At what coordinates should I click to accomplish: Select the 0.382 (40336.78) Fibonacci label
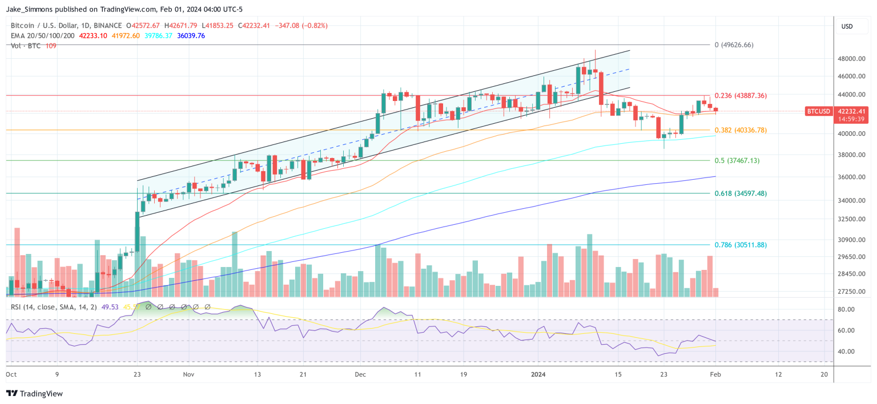click(x=741, y=130)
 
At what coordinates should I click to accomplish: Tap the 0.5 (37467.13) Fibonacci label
click(x=737, y=160)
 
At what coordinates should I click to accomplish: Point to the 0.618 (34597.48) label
click(x=741, y=193)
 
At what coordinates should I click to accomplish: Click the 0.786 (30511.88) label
click(x=741, y=245)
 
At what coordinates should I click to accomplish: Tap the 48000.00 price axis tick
click(x=850, y=58)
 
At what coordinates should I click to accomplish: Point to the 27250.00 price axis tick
click(x=850, y=292)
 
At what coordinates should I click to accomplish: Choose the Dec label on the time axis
click(x=361, y=374)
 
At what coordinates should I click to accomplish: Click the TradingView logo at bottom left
click(x=34, y=394)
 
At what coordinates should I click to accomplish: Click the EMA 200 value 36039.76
click(x=191, y=35)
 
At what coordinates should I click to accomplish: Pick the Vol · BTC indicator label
click(x=26, y=45)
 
